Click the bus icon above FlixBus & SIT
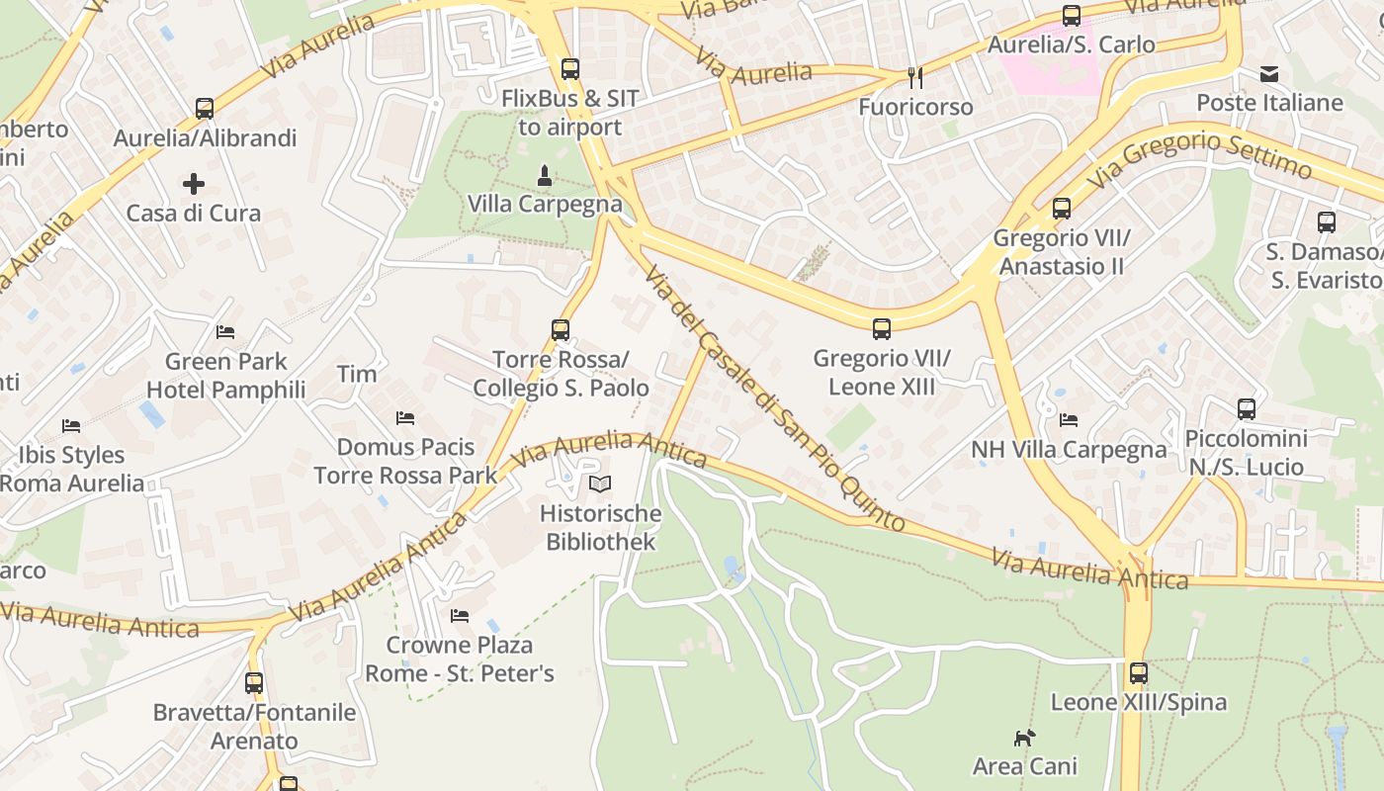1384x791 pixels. click(569, 69)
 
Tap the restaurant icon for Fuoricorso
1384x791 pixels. click(915, 77)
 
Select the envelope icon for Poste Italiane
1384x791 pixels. click(1269, 74)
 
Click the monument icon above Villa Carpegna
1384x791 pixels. click(544, 176)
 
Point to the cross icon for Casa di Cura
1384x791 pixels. click(194, 184)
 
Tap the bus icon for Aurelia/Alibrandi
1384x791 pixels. click(205, 109)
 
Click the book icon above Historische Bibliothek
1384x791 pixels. click(600, 484)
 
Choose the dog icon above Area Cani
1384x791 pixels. click(1024, 738)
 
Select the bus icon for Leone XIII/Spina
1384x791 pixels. click(1139, 673)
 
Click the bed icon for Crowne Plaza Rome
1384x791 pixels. click(460, 616)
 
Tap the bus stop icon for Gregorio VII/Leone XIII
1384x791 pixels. click(881, 329)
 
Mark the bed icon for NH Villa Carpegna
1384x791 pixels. click(1069, 420)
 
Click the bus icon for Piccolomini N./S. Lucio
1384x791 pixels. click(1247, 409)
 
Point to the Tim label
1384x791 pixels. click(357, 374)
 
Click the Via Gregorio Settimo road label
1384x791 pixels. click(1200, 159)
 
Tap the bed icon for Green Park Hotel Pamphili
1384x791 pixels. click(225, 332)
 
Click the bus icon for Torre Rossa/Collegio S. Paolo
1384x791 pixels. click(561, 330)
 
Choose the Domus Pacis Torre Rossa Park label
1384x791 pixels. click(406, 462)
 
